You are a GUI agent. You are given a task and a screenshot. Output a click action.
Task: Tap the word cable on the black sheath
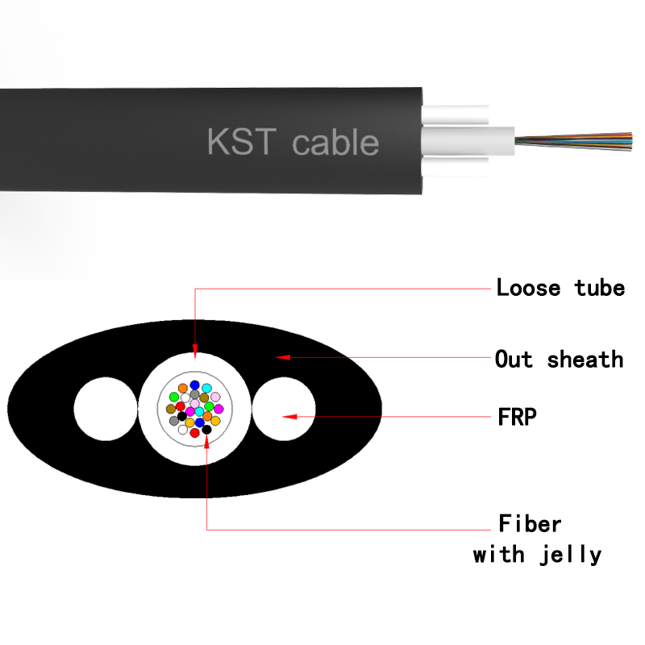[x=335, y=143]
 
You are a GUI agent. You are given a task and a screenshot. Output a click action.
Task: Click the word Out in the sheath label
[x=514, y=359]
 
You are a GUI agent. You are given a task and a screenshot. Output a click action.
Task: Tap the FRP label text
[x=517, y=417]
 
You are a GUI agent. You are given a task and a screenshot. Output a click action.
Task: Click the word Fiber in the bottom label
[x=530, y=524]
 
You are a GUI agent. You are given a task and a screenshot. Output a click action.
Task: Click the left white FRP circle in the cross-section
[x=106, y=408]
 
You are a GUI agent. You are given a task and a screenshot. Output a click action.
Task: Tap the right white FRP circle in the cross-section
[x=285, y=408]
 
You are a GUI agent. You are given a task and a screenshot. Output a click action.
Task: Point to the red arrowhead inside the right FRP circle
[x=288, y=417]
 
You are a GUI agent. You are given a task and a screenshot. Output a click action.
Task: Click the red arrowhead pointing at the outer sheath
[x=282, y=356]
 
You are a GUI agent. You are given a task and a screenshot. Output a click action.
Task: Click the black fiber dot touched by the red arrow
[x=207, y=430]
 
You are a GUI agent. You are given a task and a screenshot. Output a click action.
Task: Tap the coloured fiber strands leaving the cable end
[x=572, y=141]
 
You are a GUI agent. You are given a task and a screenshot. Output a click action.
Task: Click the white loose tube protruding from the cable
[x=468, y=142]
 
